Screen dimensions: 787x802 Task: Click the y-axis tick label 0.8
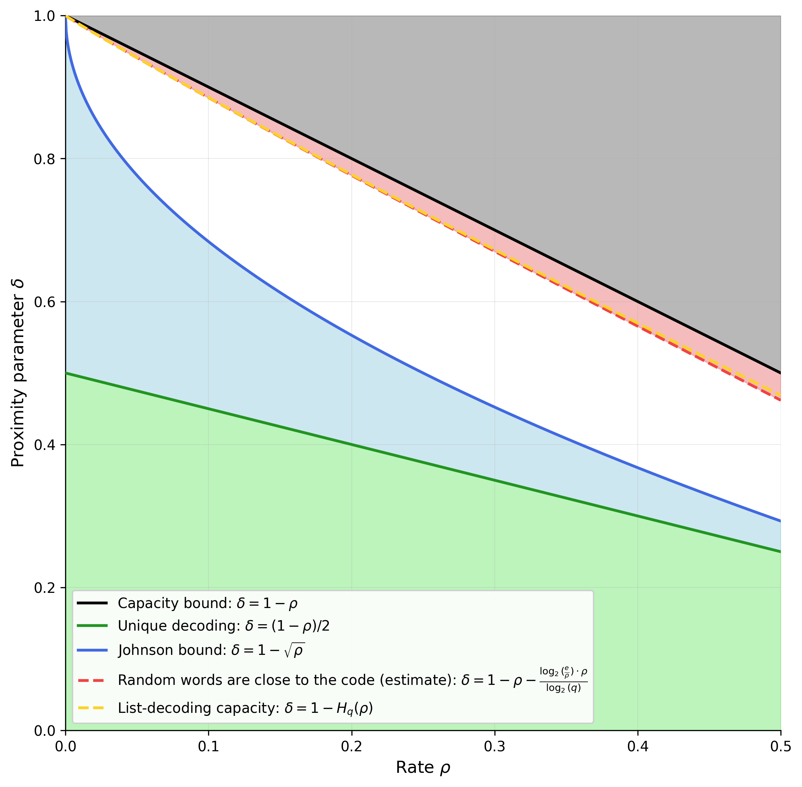coord(44,159)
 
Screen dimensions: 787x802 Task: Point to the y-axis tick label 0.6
coord(44,302)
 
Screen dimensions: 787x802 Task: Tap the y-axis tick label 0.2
coord(44,588)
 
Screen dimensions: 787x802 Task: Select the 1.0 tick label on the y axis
coord(44,16)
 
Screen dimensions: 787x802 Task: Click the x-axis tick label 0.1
coord(208,747)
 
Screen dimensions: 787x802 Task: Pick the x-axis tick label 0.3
coord(495,747)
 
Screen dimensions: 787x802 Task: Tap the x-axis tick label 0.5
coord(780,747)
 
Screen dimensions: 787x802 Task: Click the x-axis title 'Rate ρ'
coord(423,767)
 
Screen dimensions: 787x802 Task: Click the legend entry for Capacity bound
coord(207,603)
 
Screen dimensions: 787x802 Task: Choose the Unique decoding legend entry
coord(223,626)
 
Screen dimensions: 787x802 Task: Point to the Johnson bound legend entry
coord(211,650)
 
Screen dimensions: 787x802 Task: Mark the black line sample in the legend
coord(92,603)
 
